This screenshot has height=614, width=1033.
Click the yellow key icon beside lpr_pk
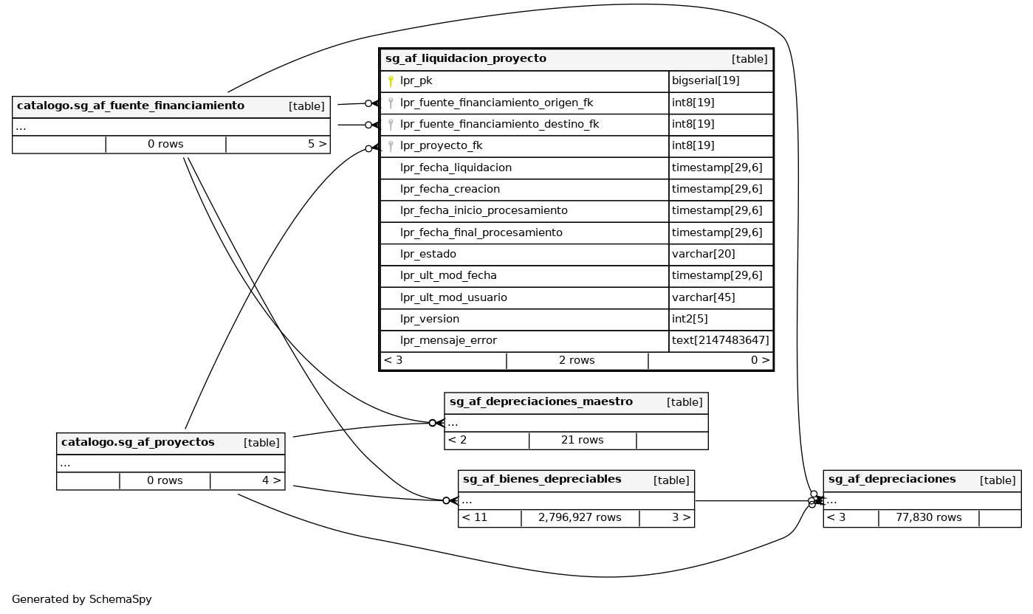[x=391, y=81]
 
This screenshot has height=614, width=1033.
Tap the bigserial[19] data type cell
[x=705, y=81]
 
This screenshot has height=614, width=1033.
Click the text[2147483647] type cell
[x=720, y=340]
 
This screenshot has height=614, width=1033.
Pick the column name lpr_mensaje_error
[x=448, y=340]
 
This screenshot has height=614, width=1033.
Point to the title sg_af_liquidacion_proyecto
[x=466, y=59]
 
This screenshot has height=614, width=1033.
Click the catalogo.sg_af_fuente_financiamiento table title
[x=131, y=106]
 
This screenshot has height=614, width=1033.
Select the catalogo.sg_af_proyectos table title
[x=138, y=443]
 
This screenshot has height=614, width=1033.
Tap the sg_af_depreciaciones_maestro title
[x=541, y=402]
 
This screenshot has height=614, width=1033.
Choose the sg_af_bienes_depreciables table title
[x=542, y=480]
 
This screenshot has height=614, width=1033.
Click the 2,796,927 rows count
[x=580, y=518]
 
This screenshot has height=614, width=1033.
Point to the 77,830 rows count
[x=928, y=518]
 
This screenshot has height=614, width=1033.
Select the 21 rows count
[x=582, y=441]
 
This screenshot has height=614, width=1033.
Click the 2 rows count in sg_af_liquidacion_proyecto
[x=577, y=361]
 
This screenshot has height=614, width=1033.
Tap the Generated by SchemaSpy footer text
[x=82, y=599]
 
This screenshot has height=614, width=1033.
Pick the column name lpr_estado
[x=428, y=254]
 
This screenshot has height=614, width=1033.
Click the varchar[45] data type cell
[x=703, y=297]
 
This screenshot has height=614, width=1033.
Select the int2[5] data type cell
[x=690, y=319]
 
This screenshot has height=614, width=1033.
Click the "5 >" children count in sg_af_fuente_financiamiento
[x=317, y=145]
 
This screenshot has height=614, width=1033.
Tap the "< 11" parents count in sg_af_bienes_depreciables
[x=475, y=518]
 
